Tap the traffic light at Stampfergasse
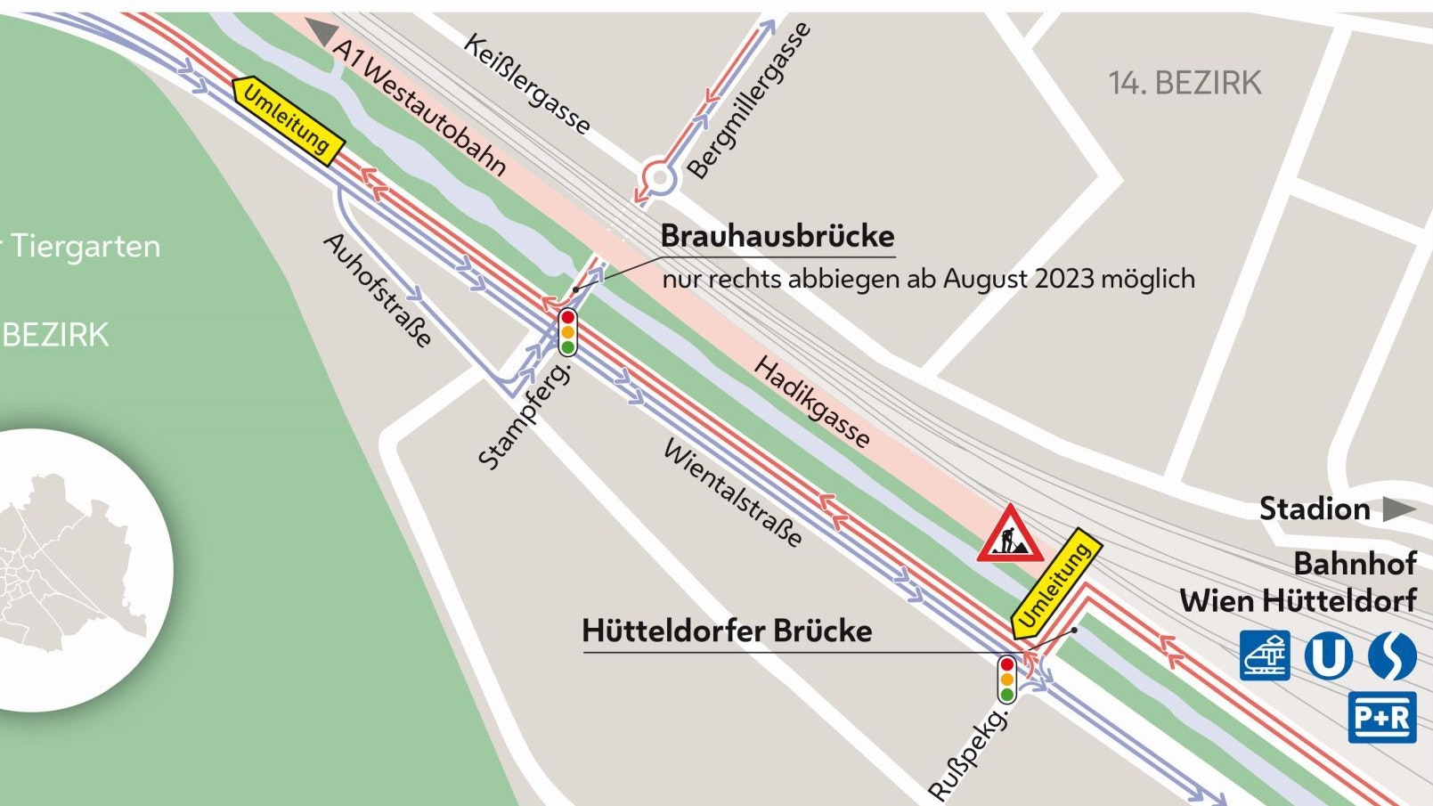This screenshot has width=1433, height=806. pyautogui.click(x=567, y=332)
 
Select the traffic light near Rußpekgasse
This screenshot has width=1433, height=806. pyautogui.click(x=1007, y=680)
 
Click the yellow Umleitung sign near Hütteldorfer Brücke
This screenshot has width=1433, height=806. pyautogui.click(x=1056, y=588)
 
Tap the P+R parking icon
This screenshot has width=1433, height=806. pyautogui.click(x=1381, y=717)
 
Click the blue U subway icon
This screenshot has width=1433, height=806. pyautogui.click(x=1328, y=656)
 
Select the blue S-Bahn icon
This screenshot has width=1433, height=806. pyautogui.click(x=1391, y=656)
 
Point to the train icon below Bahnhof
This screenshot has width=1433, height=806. pyautogui.click(x=1266, y=656)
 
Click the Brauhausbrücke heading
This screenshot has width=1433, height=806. pyautogui.click(x=778, y=237)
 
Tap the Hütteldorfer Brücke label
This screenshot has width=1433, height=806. pyautogui.click(x=727, y=631)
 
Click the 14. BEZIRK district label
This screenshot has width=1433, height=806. pyautogui.click(x=1185, y=84)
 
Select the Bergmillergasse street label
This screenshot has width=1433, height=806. pyautogui.click(x=750, y=100)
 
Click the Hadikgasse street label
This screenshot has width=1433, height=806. pyautogui.click(x=811, y=402)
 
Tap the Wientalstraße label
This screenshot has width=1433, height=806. pyautogui.click(x=733, y=493)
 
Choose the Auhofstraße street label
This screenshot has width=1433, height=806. pyautogui.click(x=378, y=289)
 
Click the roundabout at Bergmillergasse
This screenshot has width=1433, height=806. pyautogui.click(x=659, y=178)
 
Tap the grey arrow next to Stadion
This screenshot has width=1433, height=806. pyautogui.click(x=1398, y=509)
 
